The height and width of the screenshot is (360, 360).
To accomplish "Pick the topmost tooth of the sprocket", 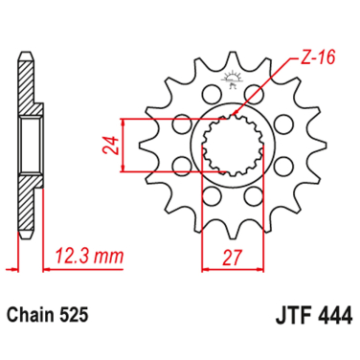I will (231, 59).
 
